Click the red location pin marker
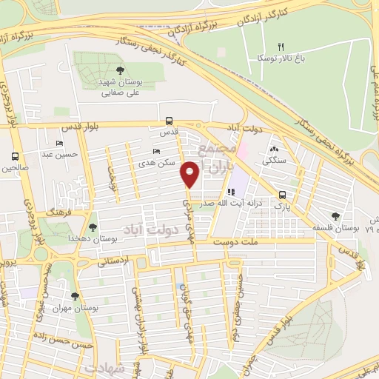190,175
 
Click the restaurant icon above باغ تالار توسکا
280,47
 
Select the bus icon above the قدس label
170,121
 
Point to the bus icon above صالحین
15,156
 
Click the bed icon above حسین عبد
59,143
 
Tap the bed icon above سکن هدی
155,151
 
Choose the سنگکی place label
275,159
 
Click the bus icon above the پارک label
281,195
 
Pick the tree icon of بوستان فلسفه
335,216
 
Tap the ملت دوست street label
232,241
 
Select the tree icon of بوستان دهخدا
92,227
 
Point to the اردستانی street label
113,261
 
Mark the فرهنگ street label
55,212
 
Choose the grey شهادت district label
104,368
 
